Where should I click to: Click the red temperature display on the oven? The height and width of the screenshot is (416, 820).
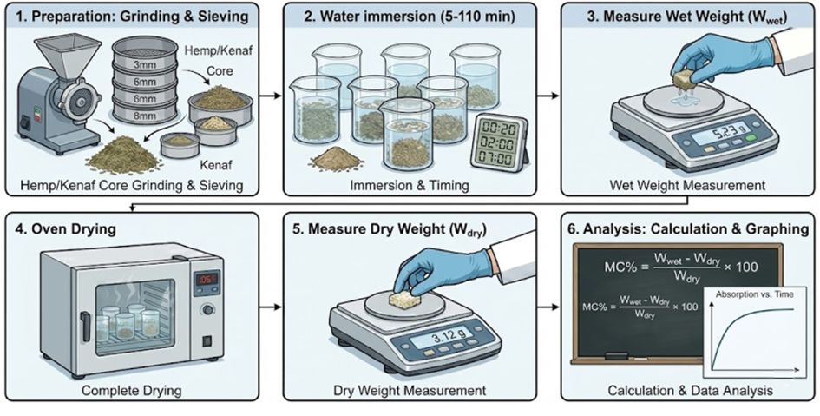(204, 279)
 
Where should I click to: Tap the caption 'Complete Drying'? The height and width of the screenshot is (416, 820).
(132, 391)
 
